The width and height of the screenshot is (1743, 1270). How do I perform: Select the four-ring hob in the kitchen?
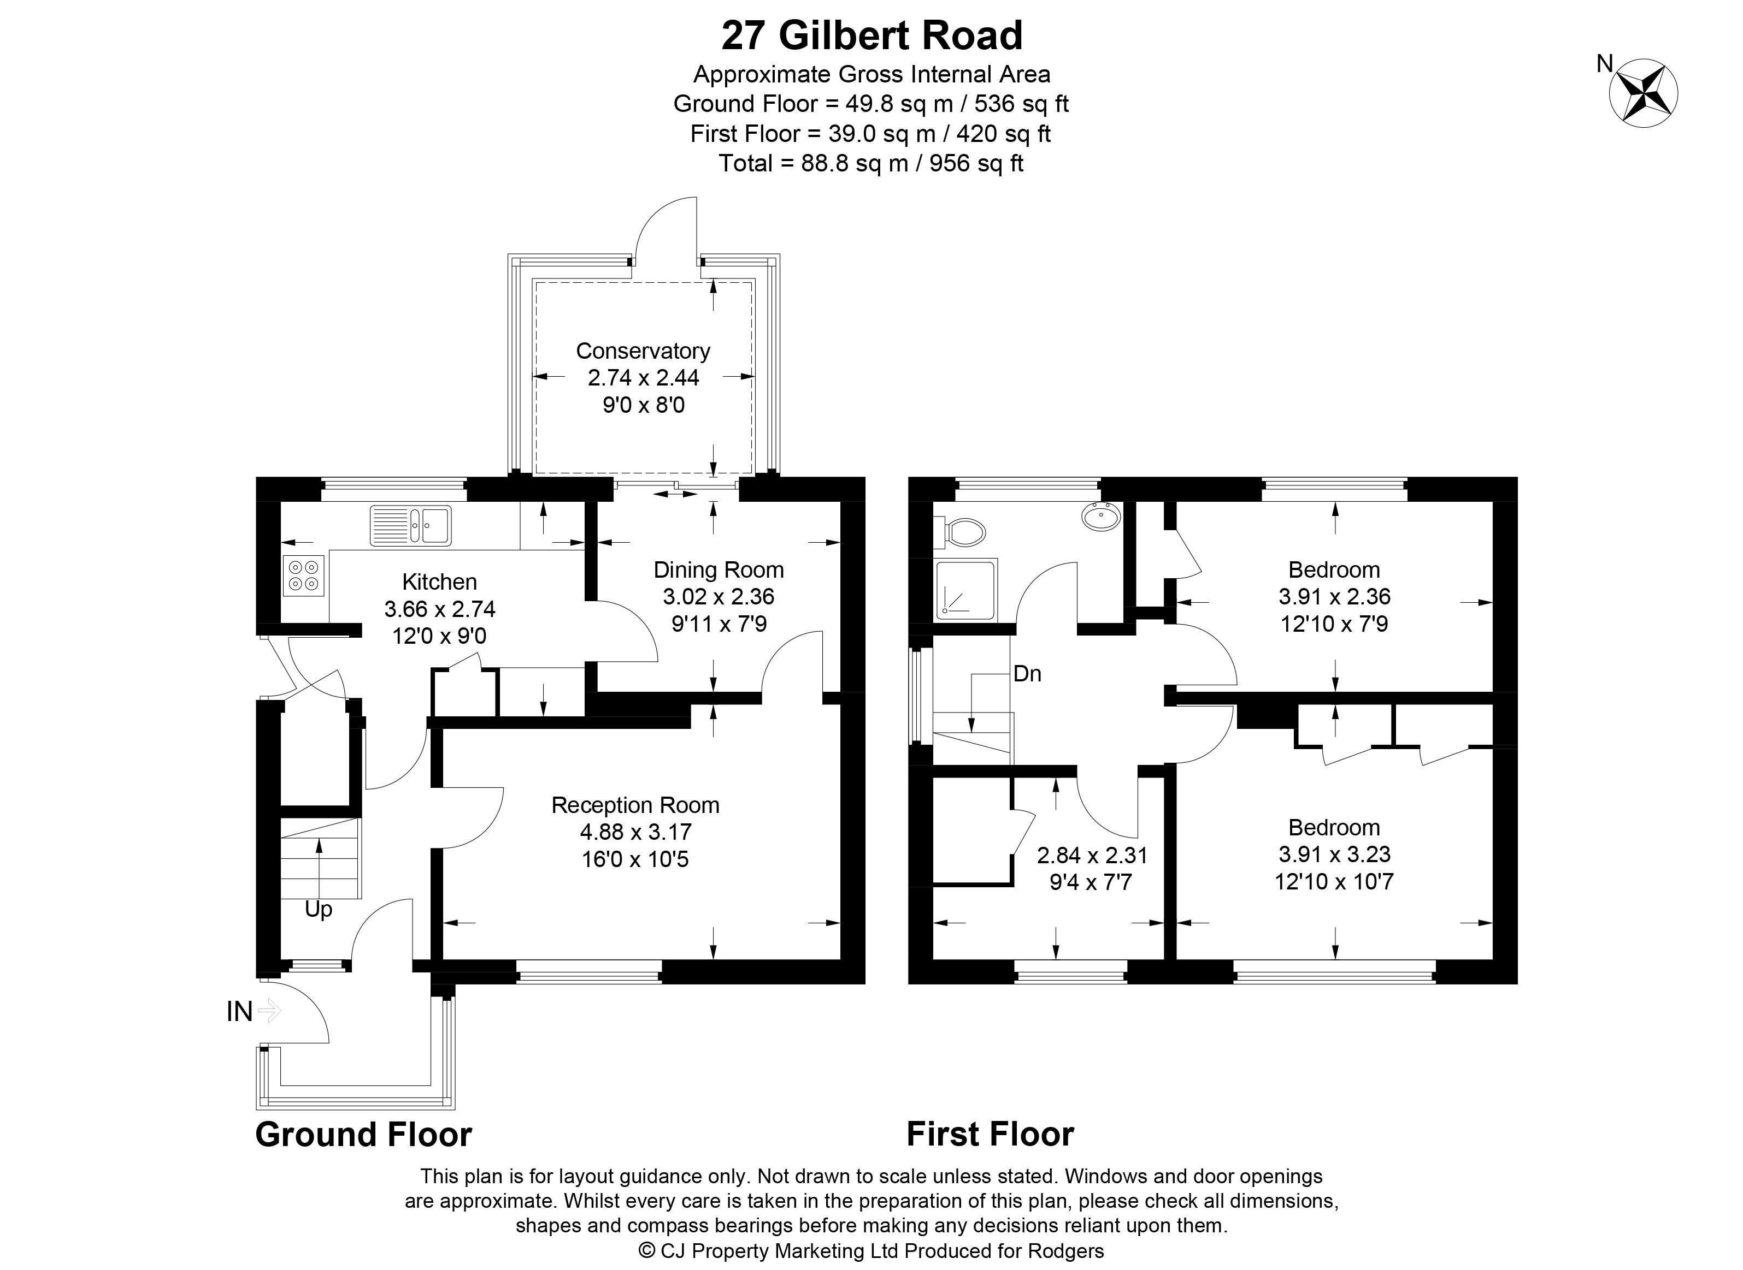point(303,576)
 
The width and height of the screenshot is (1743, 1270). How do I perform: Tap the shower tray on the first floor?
point(966,590)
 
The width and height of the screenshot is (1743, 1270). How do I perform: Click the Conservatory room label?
point(643,351)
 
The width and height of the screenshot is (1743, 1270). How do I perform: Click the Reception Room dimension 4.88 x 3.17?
point(635,832)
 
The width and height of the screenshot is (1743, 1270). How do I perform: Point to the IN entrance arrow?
point(268,1011)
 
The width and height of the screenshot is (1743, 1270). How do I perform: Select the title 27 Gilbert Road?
point(872,35)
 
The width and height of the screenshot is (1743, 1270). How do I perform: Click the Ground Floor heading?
point(363,1134)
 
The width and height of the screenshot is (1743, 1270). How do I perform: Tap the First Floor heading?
point(990,1134)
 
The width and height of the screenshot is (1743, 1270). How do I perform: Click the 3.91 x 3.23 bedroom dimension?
point(1334,854)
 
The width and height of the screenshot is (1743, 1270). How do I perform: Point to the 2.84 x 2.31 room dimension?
point(1092,855)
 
